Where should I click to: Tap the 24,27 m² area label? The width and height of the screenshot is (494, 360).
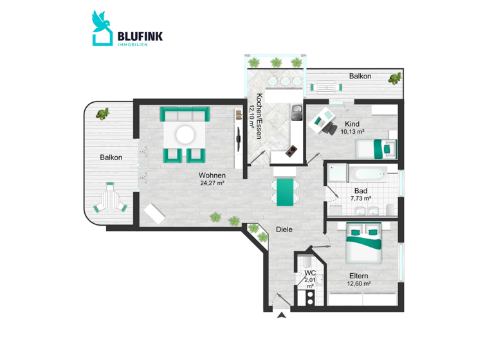point(212,183)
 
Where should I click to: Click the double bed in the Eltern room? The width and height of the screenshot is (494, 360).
point(364,243)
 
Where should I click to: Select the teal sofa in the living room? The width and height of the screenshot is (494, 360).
point(185,115)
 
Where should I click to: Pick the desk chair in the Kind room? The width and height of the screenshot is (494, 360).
point(330,128)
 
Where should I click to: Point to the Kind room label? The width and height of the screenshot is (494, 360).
point(352,123)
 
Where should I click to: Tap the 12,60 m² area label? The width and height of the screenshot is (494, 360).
point(359,283)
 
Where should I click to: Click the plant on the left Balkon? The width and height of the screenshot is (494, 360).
point(102,114)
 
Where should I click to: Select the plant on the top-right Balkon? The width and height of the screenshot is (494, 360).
point(394,80)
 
